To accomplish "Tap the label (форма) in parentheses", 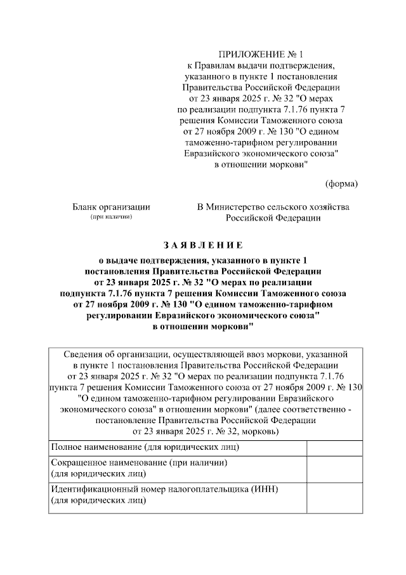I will coord(341,184).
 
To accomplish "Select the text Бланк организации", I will coord(111,206).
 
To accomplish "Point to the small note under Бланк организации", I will coord(111,217).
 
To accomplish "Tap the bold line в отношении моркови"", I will coord(203,326).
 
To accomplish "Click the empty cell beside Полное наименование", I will coord(334,447).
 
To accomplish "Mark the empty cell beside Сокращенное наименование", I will coord(334,468).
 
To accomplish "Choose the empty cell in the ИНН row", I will coord(334,495).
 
